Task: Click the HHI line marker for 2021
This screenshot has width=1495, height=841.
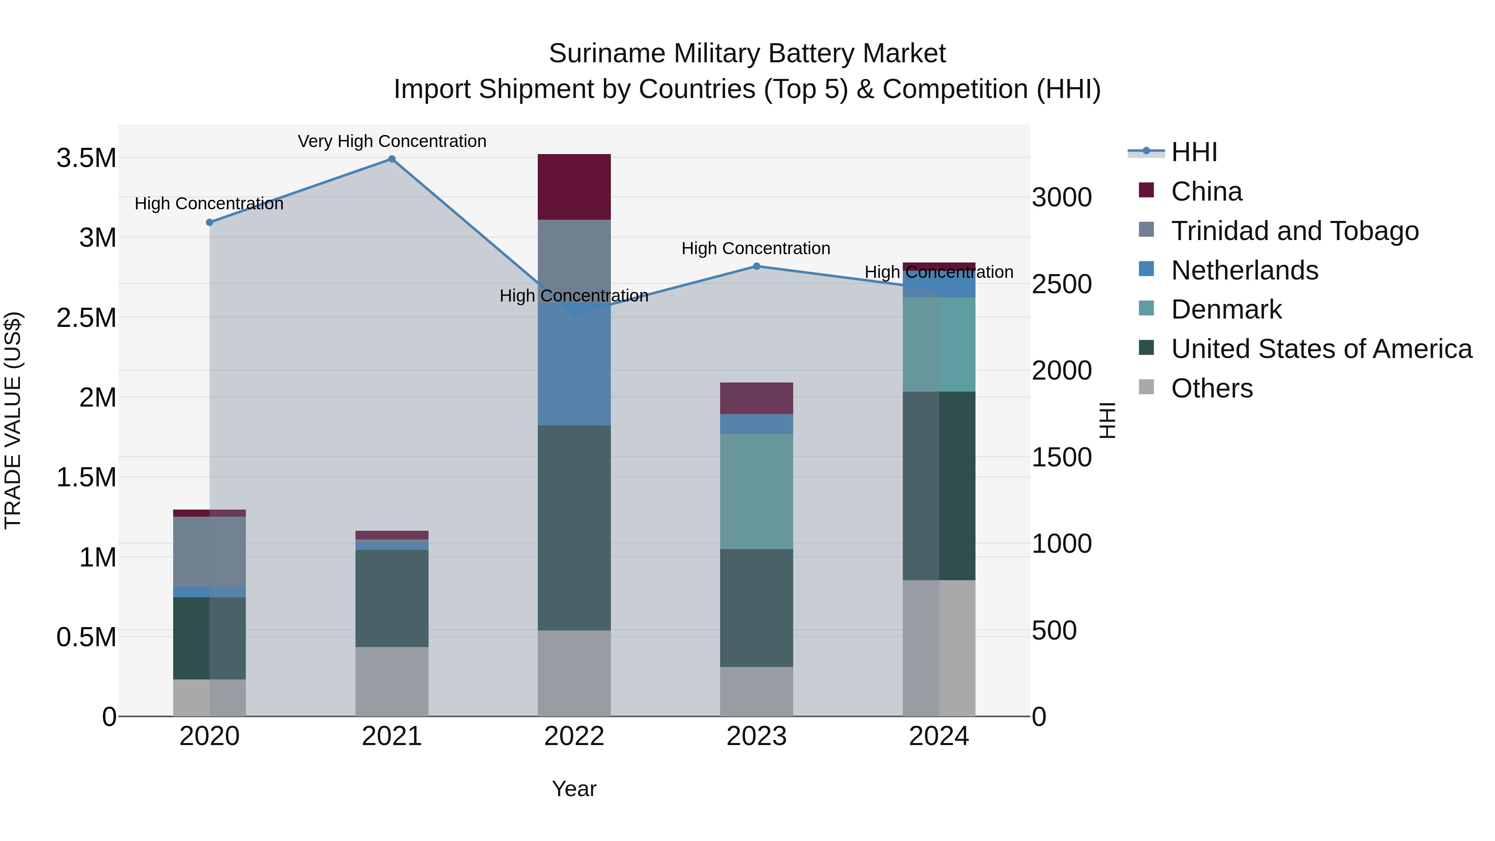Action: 392,159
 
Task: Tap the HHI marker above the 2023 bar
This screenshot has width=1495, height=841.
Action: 756,266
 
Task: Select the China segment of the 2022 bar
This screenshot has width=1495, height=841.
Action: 574,187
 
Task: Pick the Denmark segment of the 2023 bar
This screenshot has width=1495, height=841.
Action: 756,491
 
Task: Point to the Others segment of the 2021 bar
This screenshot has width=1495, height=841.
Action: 392,682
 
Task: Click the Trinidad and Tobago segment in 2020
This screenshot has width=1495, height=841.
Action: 210,552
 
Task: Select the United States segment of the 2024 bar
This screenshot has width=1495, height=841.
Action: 939,486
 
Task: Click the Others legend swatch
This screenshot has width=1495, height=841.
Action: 1146,387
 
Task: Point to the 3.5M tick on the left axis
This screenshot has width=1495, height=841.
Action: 86,158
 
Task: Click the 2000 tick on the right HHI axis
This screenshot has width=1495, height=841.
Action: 1061,370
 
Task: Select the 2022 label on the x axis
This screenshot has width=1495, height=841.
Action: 574,736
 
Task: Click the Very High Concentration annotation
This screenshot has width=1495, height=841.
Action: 392,141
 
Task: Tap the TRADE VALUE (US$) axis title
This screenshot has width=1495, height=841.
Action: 13,420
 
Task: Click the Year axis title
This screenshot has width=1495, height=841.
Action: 574,789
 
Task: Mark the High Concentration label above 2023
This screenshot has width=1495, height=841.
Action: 756,248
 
